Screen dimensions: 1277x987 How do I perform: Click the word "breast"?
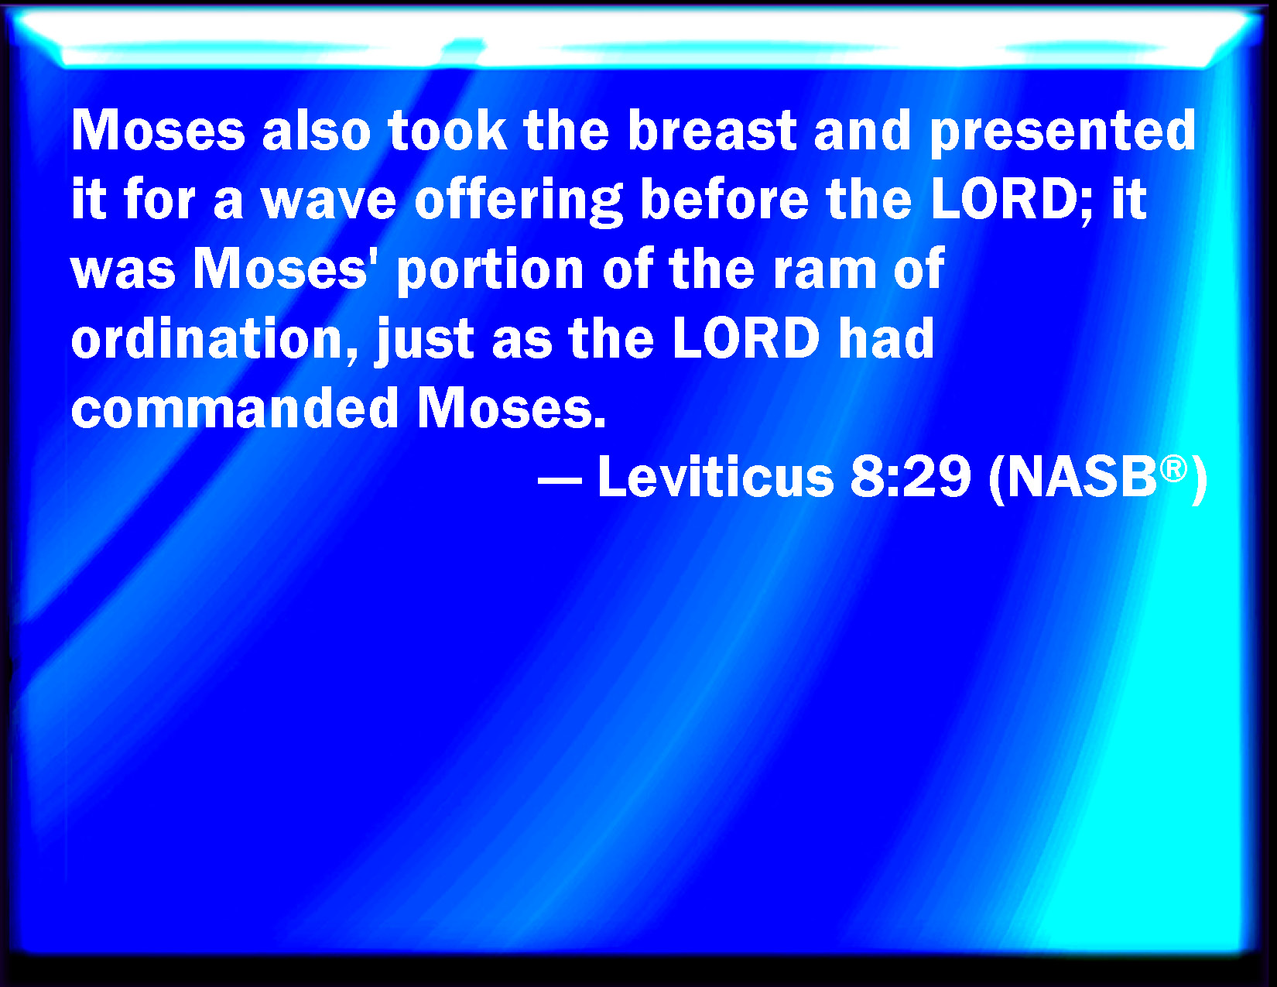click(x=712, y=130)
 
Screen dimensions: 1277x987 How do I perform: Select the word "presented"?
click(x=1063, y=133)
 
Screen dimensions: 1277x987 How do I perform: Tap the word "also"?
click(x=317, y=130)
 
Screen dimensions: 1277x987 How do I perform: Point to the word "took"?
click(x=447, y=130)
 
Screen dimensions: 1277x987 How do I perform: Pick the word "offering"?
click(x=519, y=201)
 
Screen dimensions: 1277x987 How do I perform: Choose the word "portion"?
click(x=490, y=272)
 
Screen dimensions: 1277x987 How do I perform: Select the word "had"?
click(x=886, y=338)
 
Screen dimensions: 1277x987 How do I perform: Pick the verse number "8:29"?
click(x=910, y=477)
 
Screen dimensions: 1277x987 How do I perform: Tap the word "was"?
click(x=123, y=272)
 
